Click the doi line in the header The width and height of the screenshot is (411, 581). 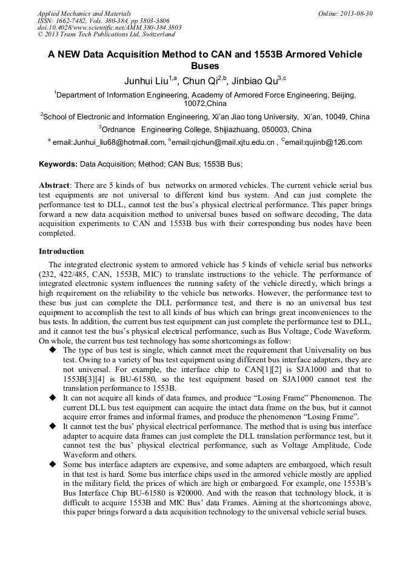point(109,28)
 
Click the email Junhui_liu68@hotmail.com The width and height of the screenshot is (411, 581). point(109,142)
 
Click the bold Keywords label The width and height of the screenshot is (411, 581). point(58,164)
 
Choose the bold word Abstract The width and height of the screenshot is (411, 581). point(55,185)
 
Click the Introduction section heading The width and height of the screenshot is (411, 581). point(61,251)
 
